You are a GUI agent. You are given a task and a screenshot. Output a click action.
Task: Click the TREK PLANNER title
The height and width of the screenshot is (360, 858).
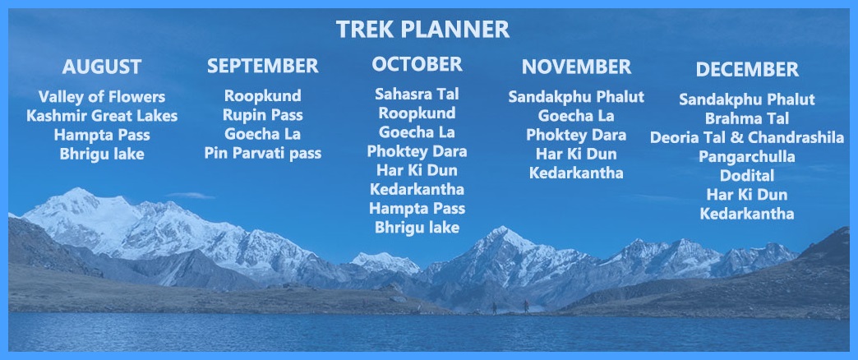point(422,30)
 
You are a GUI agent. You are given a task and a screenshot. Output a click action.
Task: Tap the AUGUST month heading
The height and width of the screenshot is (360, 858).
point(102,67)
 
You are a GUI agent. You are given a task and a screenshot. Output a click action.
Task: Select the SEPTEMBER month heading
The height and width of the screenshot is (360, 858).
point(263,66)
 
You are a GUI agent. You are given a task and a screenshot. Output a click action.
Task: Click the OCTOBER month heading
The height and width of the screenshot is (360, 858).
point(417,64)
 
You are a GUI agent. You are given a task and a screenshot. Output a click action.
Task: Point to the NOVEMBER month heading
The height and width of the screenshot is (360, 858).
point(576,67)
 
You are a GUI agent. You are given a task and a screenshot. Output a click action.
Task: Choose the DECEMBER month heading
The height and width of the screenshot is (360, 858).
point(747,70)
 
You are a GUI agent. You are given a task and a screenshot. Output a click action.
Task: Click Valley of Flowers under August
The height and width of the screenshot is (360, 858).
point(102,97)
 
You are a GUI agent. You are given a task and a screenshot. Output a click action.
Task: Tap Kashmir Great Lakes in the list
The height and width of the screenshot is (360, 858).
point(102,116)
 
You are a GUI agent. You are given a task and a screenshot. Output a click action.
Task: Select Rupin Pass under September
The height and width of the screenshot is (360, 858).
point(263,115)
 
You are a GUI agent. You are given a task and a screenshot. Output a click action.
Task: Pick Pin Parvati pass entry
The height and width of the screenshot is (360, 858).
point(263,153)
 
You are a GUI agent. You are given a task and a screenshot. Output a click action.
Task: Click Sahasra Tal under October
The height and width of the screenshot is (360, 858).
point(417,94)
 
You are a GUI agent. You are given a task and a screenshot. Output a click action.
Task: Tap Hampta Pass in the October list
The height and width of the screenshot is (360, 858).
point(417,209)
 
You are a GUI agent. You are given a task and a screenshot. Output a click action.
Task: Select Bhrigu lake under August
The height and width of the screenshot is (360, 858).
point(102,155)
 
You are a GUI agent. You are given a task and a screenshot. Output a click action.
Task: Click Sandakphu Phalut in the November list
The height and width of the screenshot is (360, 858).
point(576,97)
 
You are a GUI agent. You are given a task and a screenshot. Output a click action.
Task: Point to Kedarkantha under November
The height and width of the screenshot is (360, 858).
point(576,173)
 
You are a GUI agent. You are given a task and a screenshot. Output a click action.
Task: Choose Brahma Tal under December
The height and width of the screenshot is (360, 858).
point(747,118)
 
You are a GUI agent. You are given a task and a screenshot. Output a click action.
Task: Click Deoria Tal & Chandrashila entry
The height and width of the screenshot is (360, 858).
point(747,137)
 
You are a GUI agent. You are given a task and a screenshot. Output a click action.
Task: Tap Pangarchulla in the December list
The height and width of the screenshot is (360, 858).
point(747,156)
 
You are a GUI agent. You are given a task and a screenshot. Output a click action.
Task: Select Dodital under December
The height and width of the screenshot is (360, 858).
point(747,176)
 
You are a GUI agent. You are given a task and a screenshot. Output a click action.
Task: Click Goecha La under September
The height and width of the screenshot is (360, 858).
point(263,134)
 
